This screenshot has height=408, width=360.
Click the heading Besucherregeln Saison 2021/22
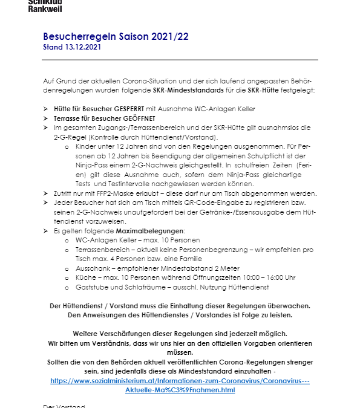116,36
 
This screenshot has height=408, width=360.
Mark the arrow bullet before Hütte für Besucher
46,109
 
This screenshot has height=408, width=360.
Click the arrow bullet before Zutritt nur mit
46,193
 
